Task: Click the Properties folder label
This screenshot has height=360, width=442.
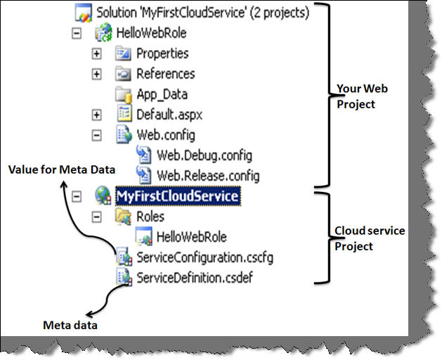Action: pos(162,53)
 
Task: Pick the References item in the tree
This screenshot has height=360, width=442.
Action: pos(165,73)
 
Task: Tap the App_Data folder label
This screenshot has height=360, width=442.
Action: pos(162,94)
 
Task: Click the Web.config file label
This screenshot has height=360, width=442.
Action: pos(165,134)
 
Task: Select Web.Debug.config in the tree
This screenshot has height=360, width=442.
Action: pos(204,155)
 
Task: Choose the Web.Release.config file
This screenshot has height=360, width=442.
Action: pos(207,174)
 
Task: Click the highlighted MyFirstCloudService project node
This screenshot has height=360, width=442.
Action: pos(177,196)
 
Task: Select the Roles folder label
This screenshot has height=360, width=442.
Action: pos(150,217)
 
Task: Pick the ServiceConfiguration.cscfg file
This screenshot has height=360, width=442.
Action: pos(204,257)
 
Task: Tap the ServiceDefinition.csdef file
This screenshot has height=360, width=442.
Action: pos(195,277)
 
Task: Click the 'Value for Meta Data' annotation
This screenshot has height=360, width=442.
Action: pos(62,169)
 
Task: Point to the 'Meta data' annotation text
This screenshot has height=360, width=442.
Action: pos(70,325)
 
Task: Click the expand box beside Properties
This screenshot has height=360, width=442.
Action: pos(97,53)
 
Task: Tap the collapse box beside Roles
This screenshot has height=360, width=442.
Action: pos(97,217)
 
